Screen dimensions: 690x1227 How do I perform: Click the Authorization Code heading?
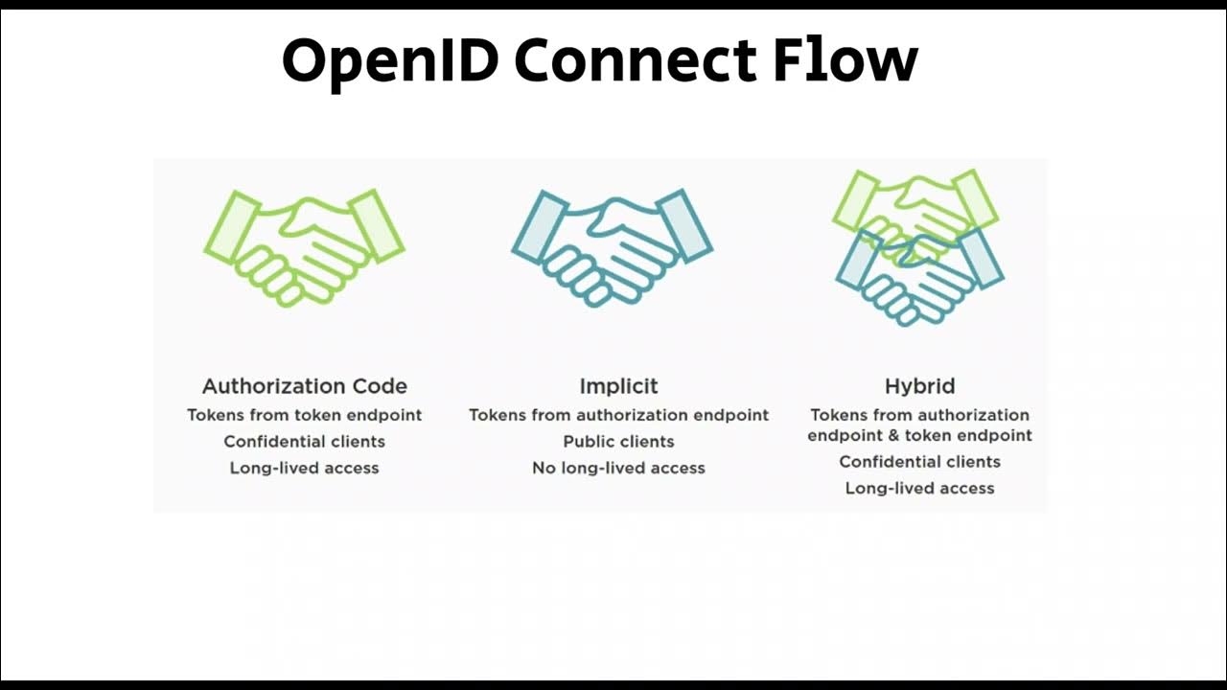[305, 386]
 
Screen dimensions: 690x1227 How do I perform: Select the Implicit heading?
[618, 386]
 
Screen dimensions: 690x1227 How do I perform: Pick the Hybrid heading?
[919, 386]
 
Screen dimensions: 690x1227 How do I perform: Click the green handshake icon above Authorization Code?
[305, 248]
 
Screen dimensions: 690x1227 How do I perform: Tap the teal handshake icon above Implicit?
[612, 248]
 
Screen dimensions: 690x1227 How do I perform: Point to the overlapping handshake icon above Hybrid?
[918, 247]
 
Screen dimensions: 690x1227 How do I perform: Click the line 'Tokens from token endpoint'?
[305, 415]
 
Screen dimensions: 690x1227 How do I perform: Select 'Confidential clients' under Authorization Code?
[305, 442]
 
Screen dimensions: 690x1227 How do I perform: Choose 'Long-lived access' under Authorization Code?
[305, 469]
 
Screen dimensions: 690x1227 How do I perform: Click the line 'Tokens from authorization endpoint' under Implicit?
[618, 415]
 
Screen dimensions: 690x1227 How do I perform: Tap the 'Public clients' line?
[618, 442]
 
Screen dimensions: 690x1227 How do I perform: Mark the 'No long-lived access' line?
[618, 469]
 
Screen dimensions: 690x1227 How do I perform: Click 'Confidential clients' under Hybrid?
[919, 462]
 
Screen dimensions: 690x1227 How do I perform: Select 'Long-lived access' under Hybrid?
[919, 489]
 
